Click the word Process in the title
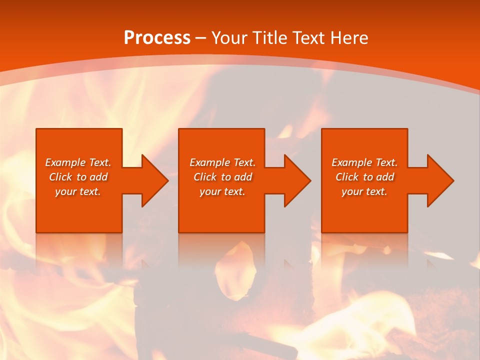pos(157,38)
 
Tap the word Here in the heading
pos(348,38)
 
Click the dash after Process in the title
pos(201,38)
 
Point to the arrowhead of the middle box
pos(297,180)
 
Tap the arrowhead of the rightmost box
pos(440,180)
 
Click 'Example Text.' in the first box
pos(78,162)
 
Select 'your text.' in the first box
pos(78,191)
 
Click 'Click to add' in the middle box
pos(222,177)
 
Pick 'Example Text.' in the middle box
pos(222,162)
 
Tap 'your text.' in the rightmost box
pos(364,191)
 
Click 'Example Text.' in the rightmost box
pos(364,162)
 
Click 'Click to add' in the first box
pos(78,177)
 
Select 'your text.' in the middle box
pos(222,191)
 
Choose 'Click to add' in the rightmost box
pos(364,177)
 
